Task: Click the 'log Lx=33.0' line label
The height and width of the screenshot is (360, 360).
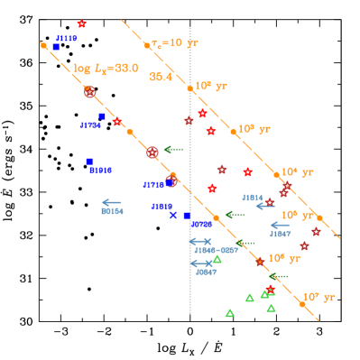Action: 106,68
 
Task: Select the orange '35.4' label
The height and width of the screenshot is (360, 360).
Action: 161,77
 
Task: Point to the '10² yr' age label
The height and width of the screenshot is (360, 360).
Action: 211,86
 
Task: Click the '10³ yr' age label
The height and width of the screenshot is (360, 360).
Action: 254,129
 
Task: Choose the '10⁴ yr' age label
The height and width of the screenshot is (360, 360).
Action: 297,171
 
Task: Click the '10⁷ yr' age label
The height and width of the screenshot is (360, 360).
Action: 318,297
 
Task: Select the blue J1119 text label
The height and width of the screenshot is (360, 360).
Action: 66,39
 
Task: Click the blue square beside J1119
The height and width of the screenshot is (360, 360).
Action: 55,46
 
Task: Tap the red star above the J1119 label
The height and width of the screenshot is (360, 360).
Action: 82,23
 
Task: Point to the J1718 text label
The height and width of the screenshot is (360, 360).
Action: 154,185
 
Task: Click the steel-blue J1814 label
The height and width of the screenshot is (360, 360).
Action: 252,197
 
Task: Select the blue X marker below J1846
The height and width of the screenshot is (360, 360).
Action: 172,215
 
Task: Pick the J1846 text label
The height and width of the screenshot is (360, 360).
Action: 162,206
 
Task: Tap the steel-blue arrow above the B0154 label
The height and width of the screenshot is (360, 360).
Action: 112,202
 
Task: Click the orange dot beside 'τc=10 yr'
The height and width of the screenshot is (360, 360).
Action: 146,44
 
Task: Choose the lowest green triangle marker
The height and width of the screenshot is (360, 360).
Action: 229,313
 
